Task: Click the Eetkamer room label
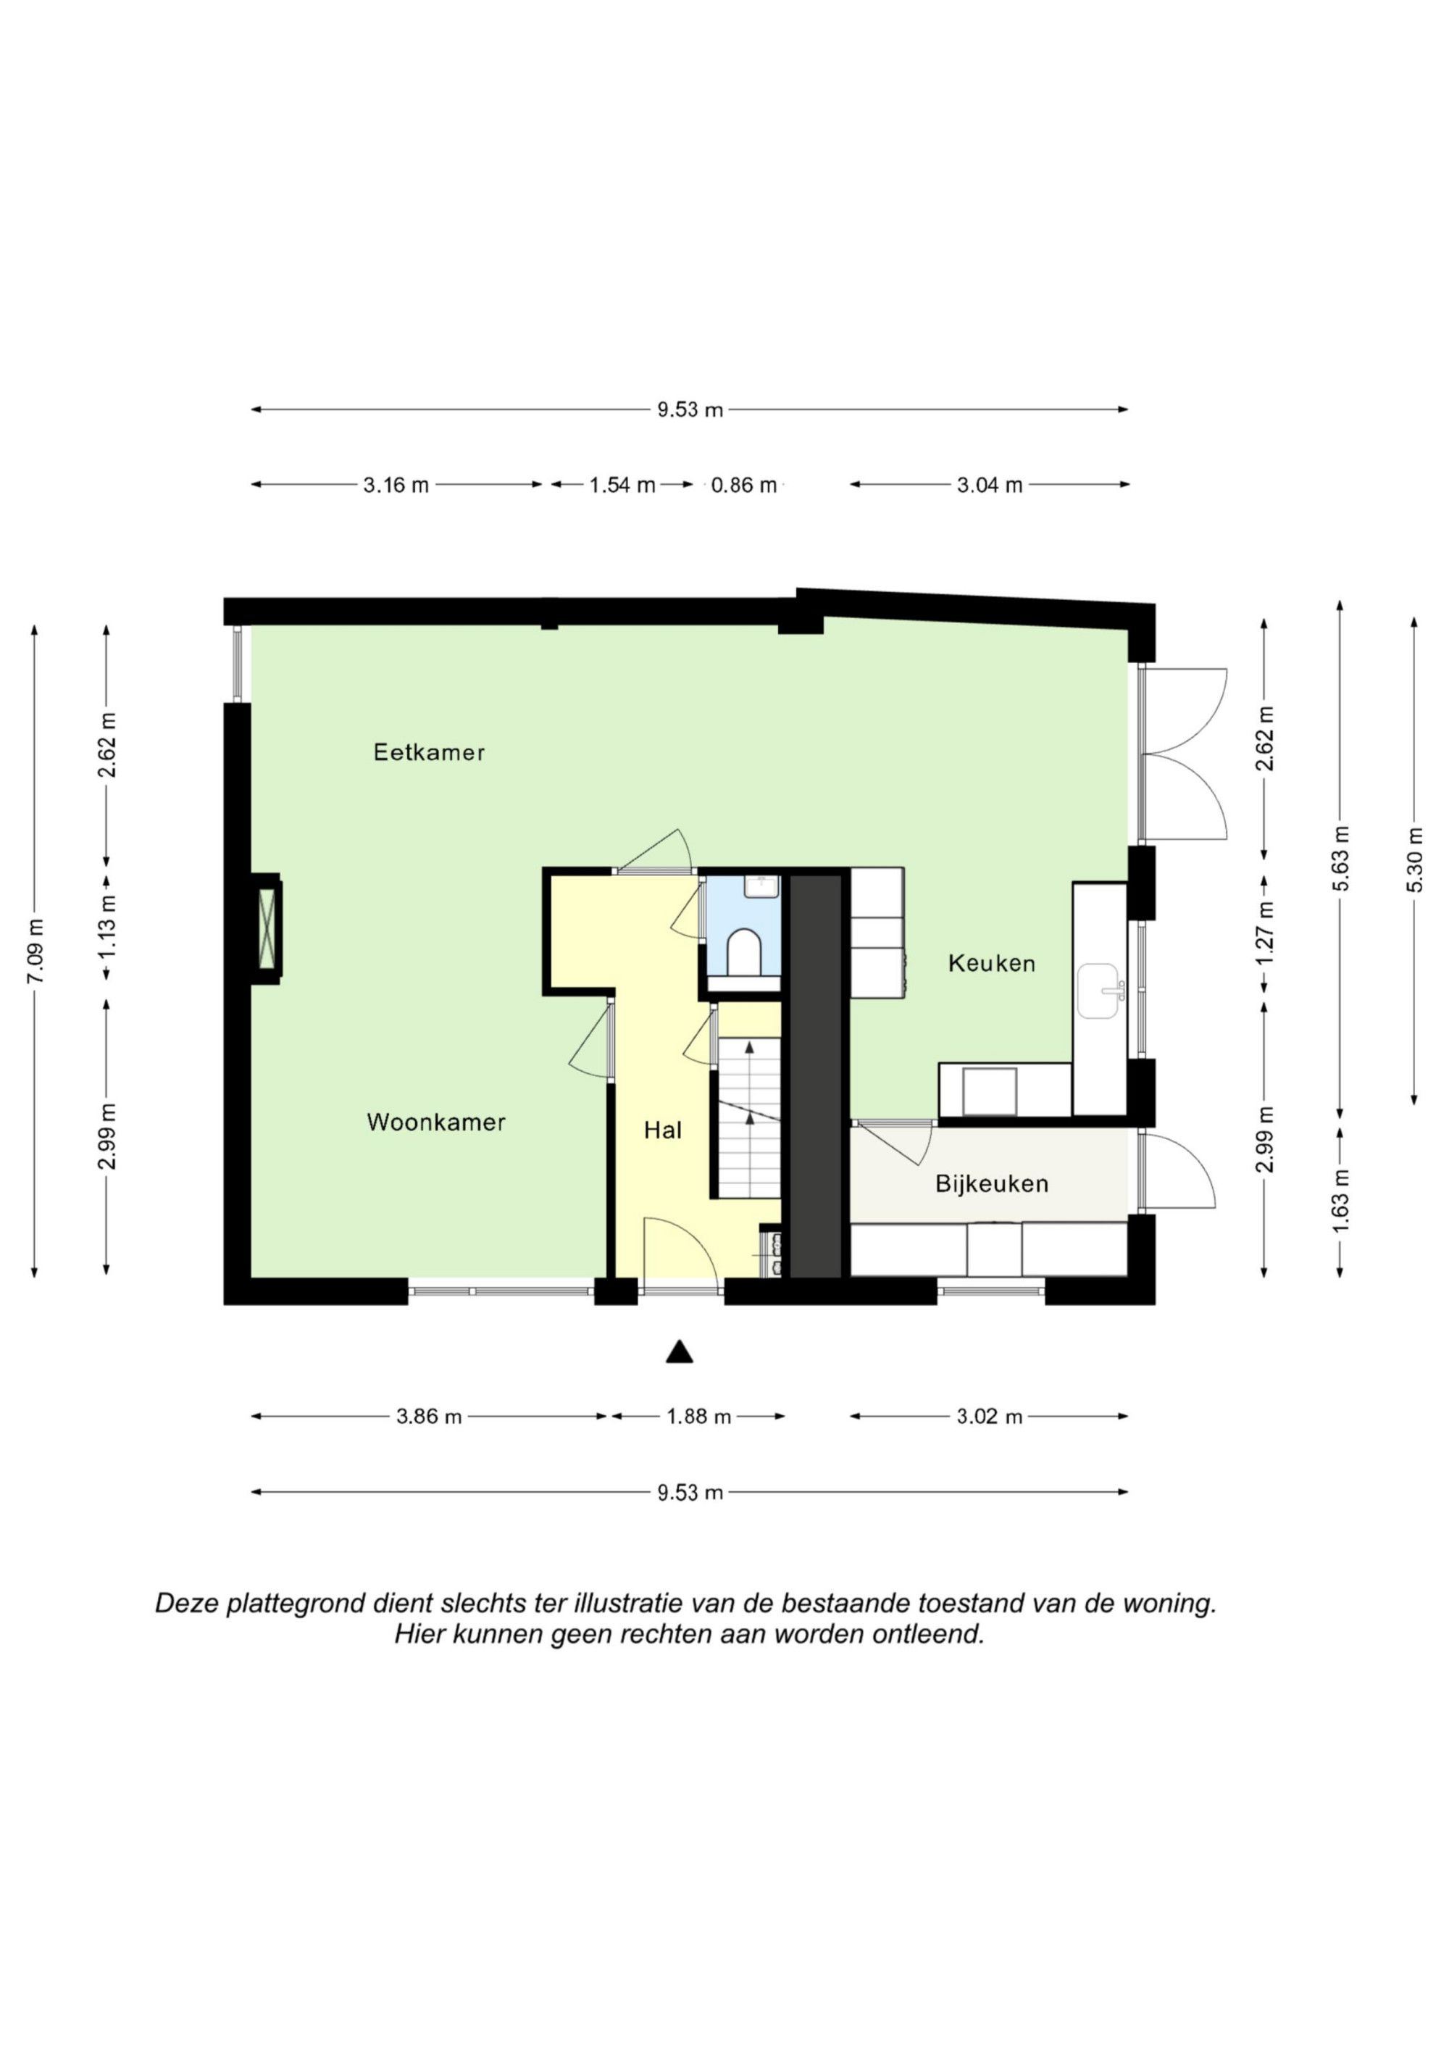coord(428,753)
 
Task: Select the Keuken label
coord(991,963)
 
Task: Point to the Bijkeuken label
coord(991,1184)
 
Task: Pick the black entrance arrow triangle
coord(680,1353)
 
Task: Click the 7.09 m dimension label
coord(35,951)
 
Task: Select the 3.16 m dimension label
coord(396,485)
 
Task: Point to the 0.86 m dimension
coord(743,485)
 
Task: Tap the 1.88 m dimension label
coord(698,1416)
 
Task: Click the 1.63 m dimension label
coord(1340,1200)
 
